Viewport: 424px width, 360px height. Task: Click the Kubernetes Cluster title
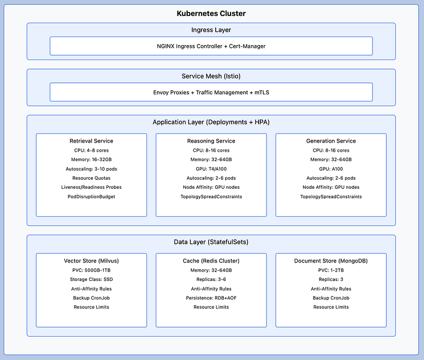pyautogui.click(x=211, y=14)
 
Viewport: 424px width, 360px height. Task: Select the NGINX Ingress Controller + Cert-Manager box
pyautogui.click(x=211, y=46)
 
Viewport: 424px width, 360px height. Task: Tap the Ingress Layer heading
pyautogui.click(x=211, y=30)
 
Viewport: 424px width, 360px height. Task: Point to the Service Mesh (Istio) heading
pyautogui.click(x=211, y=76)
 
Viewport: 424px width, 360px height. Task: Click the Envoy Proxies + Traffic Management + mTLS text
pyautogui.click(x=211, y=92)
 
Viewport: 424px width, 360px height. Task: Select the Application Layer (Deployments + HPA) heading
pyautogui.click(x=211, y=122)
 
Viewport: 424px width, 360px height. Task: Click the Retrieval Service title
pyautogui.click(x=91, y=141)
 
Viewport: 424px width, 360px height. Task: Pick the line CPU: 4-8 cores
pyautogui.click(x=91, y=151)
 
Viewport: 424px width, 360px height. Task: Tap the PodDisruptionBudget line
pyautogui.click(x=91, y=197)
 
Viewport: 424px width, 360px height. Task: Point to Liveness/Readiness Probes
pyautogui.click(x=91, y=187)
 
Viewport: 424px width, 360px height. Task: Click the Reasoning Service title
pyautogui.click(x=211, y=141)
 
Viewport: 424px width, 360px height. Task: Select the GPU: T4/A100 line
pyautogui.click(x=211, y=169)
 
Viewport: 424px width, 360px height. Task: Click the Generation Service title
pyautogui.click(x=331, y=141)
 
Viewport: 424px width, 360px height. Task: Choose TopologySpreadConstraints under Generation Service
pyautogui.click(x=331, y=197)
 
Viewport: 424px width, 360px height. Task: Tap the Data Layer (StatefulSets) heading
pyautogui.click(x=211, y=242)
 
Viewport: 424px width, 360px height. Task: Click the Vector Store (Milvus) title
pyautogui.click(x=91, y=261)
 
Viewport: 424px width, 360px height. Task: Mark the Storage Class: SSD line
pyautogui.click(x=91, y=279)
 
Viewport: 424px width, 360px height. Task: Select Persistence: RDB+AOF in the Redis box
pyautogui.click(x=211, y=298)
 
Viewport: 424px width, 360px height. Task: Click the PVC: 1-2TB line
pyautogui.click(x=331, y=270)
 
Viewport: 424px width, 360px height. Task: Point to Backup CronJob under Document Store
pyautogui.click(x=331, y=298)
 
